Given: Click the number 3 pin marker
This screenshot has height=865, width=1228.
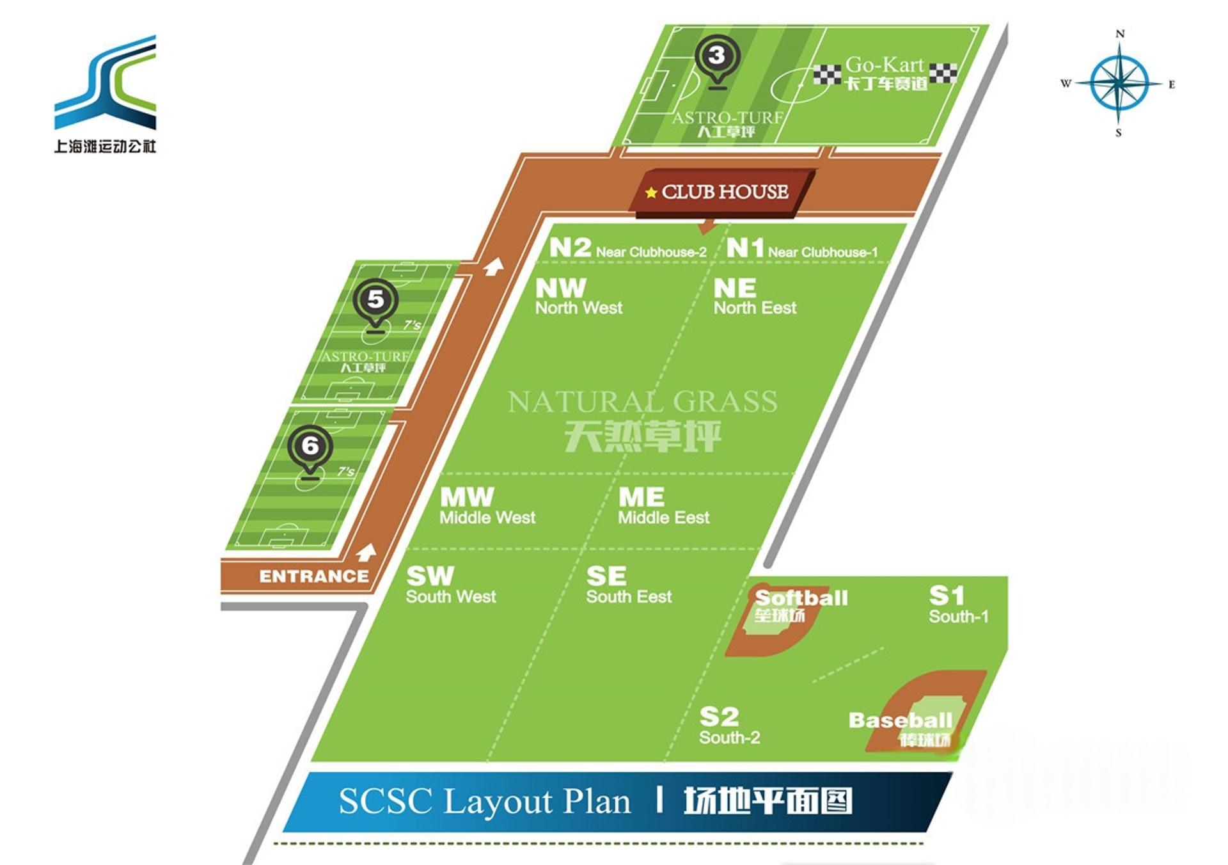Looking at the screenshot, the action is pyautogui.click(x=718, y=61).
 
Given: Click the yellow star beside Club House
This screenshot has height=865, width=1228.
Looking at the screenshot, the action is pyautogui.click(x=651, y=193).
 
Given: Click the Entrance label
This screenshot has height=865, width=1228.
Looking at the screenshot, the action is pyautogui.click(x=314, y=576).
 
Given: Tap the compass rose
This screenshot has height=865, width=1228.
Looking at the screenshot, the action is pyautogui.click(x=1119, y=83).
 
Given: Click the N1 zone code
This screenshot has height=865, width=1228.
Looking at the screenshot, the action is pyautogui.click(x=745, y=248).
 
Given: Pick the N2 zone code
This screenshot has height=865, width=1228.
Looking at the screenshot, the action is pyautogui.click(x=571, y=248).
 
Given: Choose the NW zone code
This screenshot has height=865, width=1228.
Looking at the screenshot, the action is pyautogui.click(x=561, y=288).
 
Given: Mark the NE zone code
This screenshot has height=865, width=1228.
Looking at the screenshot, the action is pyautogui.click(x=735, y=288).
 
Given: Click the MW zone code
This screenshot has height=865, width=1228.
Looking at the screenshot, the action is pyautogui.click(x=468, y=497).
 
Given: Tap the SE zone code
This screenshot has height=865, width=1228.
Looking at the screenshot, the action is pyautogui.click(x=606, y=576).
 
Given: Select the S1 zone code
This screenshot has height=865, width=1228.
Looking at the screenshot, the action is pyautogui.click(x=947, y=596).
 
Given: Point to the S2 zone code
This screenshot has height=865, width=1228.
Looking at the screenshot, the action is pyautogui.click(x=719, y=716).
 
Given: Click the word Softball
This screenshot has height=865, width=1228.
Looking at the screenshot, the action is pyautogui.click(x=801, y=598).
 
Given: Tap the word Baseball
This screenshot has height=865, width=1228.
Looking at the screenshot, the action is pyautogui.click(x=901, y=720).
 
